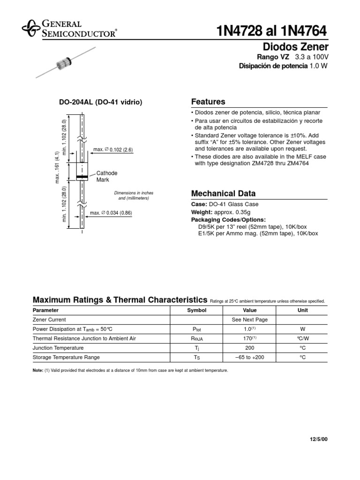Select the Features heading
pos(208,102)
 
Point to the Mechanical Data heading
pos(223,194)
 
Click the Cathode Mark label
pos(106,176)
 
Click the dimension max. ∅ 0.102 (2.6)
pos(113,150)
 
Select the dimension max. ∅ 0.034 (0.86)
pos(111,213)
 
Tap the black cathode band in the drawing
pos(82,177)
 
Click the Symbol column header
pos(196,310)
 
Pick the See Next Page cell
pos(249,319)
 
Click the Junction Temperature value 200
pos(249,348)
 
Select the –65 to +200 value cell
pos(249,357)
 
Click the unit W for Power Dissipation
pos(302,329)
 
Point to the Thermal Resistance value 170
pos(249,338)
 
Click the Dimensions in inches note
pos(134,195)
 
